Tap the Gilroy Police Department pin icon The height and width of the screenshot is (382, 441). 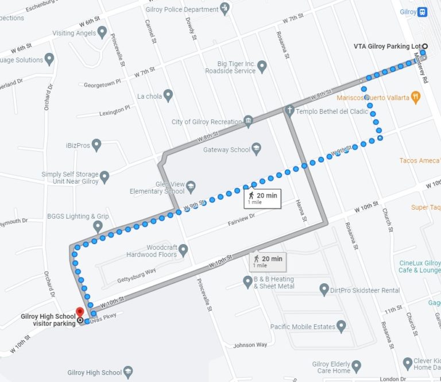click(225, 9)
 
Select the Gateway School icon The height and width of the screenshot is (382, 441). click(256, 149)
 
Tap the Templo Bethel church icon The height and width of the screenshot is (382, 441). click(291, 110)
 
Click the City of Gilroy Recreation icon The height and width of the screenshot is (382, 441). click(248, 121)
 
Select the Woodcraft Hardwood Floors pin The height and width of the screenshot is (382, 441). click(183, 250)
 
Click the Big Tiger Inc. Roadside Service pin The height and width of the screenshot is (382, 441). click(262, 67)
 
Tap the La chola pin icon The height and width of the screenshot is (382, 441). click(168, 95)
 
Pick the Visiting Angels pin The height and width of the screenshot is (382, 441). click(102, 32)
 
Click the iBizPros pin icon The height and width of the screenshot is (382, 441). click(96, 145)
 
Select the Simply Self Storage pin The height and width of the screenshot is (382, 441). click(105, 176)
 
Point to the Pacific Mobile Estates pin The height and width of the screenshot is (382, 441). click(342, 326)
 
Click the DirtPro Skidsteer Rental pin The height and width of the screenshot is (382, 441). click(324, 290)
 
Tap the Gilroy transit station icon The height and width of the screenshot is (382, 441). click(422, 11)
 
